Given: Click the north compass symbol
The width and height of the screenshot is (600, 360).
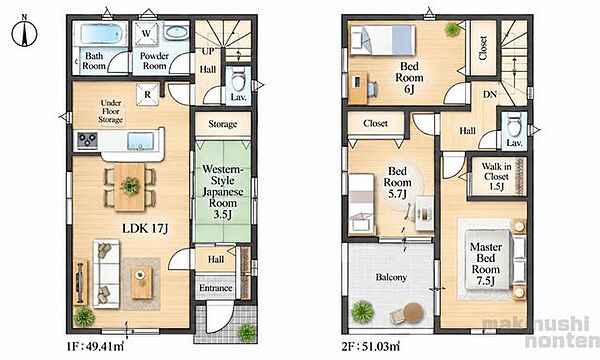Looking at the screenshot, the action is pos(24,33).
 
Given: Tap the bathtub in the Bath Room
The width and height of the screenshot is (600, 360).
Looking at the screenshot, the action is pos(101,34).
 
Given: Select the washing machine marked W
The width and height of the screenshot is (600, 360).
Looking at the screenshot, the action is pos(146,34).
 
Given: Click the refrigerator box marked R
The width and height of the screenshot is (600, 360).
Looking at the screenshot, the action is pos(148,94).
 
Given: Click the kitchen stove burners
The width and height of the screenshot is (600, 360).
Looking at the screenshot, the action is pos(88,140).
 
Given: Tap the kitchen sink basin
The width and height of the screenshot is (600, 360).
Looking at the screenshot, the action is pos(140,141).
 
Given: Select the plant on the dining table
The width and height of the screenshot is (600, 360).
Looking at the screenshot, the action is pos(130,186).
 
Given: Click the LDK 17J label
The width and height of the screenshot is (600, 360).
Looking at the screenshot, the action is pos(145,229).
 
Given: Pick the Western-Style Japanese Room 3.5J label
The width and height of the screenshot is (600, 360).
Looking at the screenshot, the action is pos(223,192).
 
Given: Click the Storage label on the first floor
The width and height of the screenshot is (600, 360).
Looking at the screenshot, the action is pos(223,124).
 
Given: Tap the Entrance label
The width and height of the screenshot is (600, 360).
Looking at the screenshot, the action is pos(216,288).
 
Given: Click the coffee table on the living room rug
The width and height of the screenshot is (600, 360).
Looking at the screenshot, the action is pos(142,282).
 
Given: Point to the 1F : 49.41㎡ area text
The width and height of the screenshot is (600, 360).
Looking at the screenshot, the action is pos(95,347).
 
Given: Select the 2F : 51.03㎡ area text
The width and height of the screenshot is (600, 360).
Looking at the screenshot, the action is pos(370,347).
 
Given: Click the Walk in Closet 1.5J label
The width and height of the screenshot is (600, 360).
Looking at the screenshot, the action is pos(496,176).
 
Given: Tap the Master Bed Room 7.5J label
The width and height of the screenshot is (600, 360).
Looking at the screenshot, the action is pos(485,264).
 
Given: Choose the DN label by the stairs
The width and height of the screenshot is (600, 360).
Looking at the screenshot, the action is pos(490,94).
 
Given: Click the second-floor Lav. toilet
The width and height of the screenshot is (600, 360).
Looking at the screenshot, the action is pos(514,125).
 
